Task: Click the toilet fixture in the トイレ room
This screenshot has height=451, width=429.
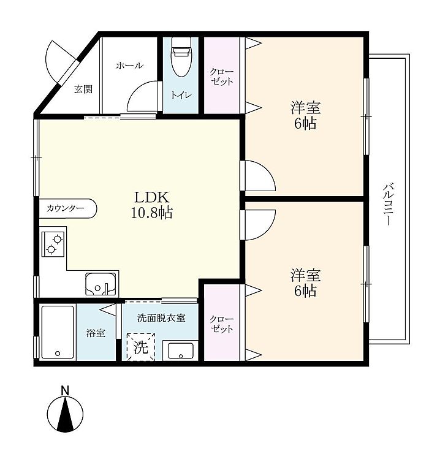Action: (x=181, y=57)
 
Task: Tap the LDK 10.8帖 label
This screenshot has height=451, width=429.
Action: (x=152, y=205)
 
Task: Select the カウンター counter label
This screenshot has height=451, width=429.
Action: (x=65, y=208)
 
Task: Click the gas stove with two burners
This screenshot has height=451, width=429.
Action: (x=53, y=244)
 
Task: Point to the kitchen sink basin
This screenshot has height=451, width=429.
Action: (x=101, y=284)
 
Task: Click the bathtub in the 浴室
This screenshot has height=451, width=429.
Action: (x=58, y=332)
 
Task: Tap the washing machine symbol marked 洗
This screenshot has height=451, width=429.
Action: (x=141, y=347)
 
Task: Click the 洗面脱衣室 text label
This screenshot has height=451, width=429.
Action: (x=161, y=318)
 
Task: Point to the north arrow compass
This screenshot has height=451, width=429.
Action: (x=66, y=415)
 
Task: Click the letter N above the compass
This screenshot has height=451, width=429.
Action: (x=66, y=390)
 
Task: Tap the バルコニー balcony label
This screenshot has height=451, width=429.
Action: (x=387, y=205)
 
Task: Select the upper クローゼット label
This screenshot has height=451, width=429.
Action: (x=222, y=77)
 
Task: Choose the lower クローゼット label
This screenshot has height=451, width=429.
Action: (x=222, y=324)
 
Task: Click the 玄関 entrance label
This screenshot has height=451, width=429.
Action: (x=83, y=89)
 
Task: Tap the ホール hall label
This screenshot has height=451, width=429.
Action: (x=129, y=66)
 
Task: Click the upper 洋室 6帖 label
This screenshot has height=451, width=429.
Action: (x=305, y=115)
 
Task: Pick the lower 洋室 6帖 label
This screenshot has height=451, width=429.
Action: (x=305, y=282)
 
